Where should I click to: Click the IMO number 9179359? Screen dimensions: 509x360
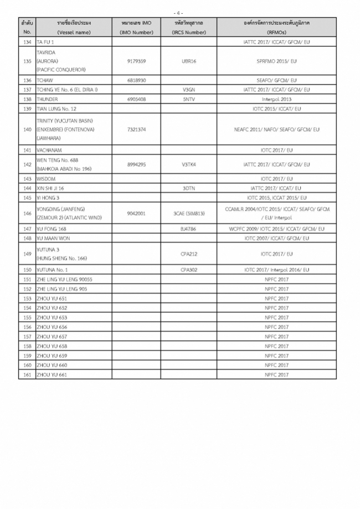click(x=136, y=61)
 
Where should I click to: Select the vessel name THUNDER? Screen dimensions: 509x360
click(x=47, y=99)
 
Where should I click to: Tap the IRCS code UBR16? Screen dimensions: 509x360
click(x=189, y=61)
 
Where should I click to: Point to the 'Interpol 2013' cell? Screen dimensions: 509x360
click(x=276, y=99)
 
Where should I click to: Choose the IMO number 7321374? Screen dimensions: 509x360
click(x=136, y=130)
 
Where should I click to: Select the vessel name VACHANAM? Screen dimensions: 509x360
click(x=49, y=150)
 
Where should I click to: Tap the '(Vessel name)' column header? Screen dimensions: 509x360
click(x=74, y=32)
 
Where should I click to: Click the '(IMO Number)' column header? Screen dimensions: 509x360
click(x=136, y=32)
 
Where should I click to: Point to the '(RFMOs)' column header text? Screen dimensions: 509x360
click(x=276, y=32)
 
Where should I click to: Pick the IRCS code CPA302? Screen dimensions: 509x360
click(x=189, y=269)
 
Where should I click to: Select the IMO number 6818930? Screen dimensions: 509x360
click(x=136, y=80)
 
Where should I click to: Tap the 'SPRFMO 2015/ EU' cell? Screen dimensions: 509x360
click(x=276, y=61)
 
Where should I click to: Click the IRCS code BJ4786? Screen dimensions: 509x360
click(x=189, y=229)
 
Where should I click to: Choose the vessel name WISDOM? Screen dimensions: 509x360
click(x=46, y=179)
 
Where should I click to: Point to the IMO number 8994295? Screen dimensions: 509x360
click(x=136, y=164)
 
